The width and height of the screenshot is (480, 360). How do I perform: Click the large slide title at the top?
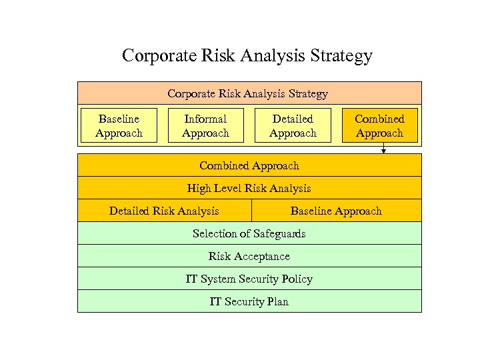(x=247, y=55)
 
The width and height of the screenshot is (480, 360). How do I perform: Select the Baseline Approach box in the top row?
(x=119, y=126)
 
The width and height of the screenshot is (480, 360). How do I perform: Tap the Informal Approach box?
(x=205, y=126)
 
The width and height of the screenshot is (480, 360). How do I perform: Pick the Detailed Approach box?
(x=293, y=126)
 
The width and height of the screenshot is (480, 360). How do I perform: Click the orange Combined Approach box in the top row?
(x=379, y=126)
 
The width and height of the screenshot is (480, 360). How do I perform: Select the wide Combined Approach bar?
(x=249, y=165)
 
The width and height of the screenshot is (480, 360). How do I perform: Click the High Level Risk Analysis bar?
(x=249, y=188)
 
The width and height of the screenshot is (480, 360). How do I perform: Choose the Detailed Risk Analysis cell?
(x=164, y=211)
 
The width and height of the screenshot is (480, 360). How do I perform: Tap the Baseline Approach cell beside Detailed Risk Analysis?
(x=336, y=211)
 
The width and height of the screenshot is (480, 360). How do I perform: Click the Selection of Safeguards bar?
(x=249, y=233)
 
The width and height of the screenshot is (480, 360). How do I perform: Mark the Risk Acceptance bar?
(x=249, y=256)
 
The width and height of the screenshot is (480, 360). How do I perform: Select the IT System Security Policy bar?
(x=249, y=279)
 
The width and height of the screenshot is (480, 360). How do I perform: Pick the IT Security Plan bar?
(x=249, y=301)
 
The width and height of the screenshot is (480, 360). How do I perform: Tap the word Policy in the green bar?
(x=297, y=279)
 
